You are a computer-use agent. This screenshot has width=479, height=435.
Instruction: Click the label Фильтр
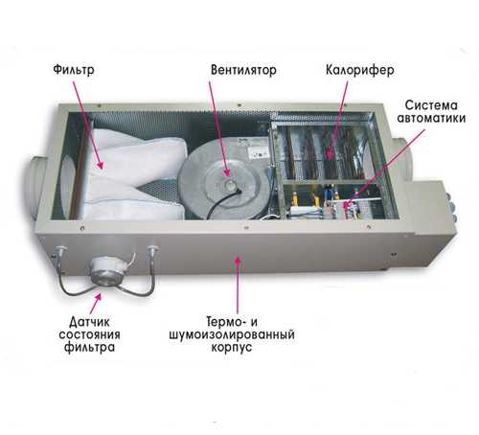(74, 70)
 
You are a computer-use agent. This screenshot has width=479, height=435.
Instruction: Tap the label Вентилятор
(243, 70)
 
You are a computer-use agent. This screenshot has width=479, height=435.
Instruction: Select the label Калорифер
(360, 70)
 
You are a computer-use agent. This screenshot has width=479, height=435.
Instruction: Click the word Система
(431, 104)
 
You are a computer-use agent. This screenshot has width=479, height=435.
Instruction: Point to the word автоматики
(431, 118)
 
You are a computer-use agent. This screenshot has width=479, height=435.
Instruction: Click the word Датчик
(89, 322)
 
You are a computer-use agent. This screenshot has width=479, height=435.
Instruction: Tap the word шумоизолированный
(232, 334)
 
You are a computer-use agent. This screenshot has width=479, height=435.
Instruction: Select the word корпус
(232, 348)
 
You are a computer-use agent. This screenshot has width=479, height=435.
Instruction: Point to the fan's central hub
(231, 185)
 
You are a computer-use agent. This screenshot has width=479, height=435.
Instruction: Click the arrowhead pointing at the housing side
(237, 261)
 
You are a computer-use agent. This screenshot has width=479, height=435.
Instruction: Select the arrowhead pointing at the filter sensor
(99, 297)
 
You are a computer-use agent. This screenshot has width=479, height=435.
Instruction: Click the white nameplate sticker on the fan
(257, 149)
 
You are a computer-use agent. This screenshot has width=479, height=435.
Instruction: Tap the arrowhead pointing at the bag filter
(101, 165)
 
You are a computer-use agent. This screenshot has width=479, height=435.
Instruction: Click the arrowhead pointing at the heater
(330, 154)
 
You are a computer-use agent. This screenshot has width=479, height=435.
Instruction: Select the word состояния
(89, 334)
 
